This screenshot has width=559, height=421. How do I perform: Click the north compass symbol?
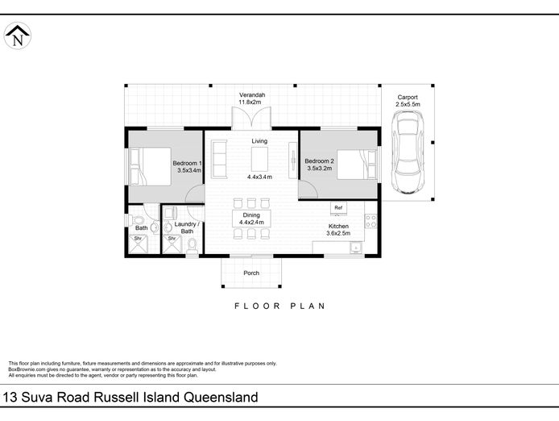(x=17, y=35)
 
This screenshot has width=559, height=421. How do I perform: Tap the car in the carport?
(x=408, y=152)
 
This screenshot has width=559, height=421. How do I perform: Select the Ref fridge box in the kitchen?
(x=338, y=208)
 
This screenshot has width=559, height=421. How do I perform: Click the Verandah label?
(x=252, y=95)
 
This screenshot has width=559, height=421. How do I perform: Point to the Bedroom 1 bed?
(x=150, y=166)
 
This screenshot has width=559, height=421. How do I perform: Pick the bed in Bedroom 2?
(x=357, y=165)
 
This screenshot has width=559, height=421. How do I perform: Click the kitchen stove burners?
(x=371, y=221)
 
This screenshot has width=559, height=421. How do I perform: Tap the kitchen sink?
(x=355, y=247)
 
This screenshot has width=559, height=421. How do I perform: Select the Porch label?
(x=251, y=273)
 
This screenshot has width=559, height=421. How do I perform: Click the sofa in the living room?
(x=219, y=159)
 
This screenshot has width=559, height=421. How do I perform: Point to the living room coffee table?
(x=259, y=159)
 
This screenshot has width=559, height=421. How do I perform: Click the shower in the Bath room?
(x=138, y=244)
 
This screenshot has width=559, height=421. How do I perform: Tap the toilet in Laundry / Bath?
(x=193, y=246)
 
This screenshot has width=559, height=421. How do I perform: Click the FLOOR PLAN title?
(x=279, y=306)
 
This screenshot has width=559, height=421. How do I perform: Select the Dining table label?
(x=251, y=215)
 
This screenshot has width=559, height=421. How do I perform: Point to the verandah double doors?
(x=251, y=118)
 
